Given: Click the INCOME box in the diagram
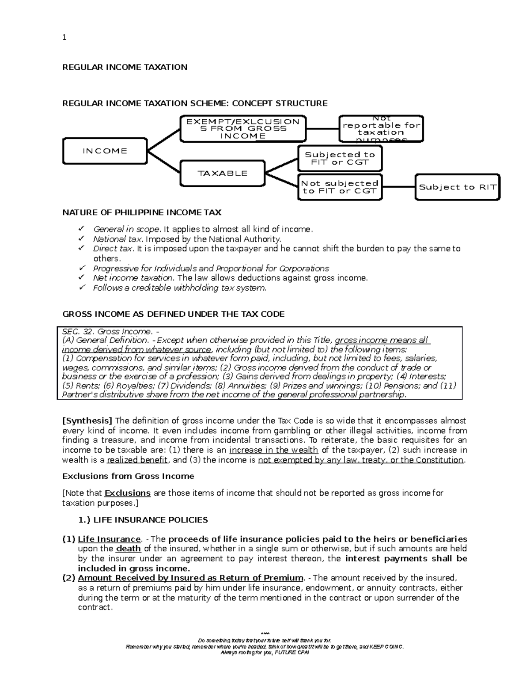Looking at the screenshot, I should click(x=105, y=151).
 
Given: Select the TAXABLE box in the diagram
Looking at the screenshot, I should click(x=223, y=173).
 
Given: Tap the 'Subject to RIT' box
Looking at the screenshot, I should click(x=458, y=187).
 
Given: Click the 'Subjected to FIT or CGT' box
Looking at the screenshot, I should click(x=340, y=158).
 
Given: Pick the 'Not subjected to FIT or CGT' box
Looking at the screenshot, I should click(x=340, y=187).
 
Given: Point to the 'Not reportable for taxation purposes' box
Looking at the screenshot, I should click(x=381, y=129).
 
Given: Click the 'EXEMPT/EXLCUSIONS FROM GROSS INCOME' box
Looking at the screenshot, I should click(x=242, y=129).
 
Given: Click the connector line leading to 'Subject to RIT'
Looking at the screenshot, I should click(x=398, y=187).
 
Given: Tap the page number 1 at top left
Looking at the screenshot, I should click(x=64, y=38).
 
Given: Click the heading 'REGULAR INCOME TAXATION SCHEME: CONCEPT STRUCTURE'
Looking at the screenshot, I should click(x=195, y=103).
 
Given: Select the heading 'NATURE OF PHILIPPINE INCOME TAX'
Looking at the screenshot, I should click(x=142, y=212).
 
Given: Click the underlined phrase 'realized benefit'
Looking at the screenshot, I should click(x=137, y=460).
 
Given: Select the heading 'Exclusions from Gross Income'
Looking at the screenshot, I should click(x=128, y=476).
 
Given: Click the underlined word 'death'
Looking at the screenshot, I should click(x=128, y=549).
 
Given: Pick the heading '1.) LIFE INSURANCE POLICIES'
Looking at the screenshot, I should click(x=143, y=520).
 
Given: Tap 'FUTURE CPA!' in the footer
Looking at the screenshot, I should click(x=291, y=653).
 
